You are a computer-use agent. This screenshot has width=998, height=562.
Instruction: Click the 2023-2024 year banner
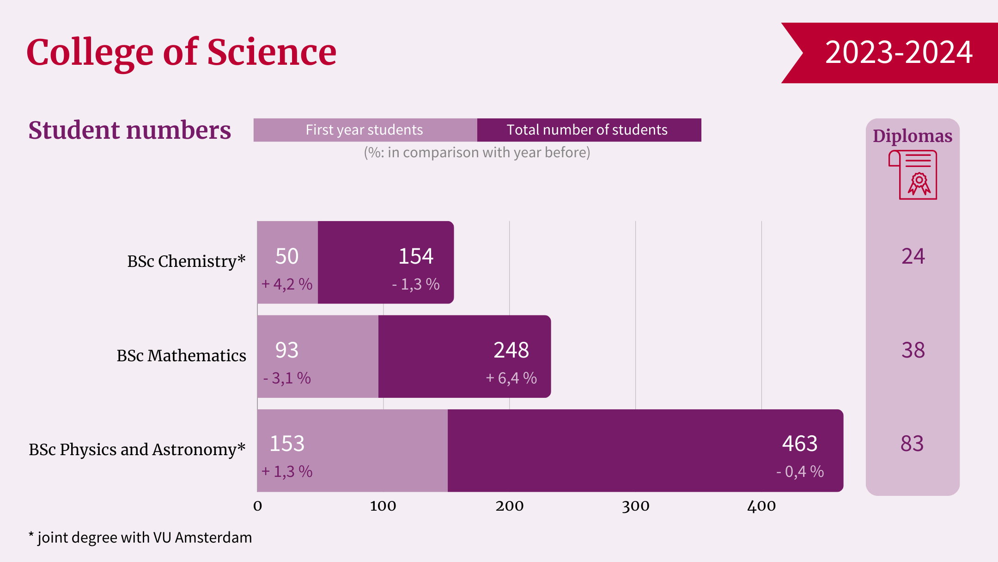tap(898, 52)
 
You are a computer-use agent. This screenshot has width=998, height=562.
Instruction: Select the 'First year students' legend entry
tap(365, 130)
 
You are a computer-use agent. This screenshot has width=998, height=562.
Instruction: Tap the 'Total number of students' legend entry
tap(587, 130)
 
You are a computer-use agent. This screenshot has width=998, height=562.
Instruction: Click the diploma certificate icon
tap(913, 175)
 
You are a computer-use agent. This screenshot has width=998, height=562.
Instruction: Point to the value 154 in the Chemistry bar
tap(416, 256)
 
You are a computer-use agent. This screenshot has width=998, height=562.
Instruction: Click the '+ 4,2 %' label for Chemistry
tap(287, 284)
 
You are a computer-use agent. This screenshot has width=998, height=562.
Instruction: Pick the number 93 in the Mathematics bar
tap(287, 350)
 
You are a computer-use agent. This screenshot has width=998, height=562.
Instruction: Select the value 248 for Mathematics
tap(511, 350)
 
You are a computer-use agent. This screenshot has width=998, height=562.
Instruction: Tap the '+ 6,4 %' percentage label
tap(511, 378)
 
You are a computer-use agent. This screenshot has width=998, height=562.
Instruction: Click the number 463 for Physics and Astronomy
tap(800, 444)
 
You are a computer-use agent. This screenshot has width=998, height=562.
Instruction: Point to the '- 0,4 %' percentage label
tap(800, 472)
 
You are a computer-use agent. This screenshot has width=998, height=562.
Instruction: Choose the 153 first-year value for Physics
tap(287, 444)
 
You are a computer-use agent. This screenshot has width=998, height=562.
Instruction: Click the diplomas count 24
tap(913, 256)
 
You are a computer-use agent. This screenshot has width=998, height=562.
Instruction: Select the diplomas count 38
tap(913, 350)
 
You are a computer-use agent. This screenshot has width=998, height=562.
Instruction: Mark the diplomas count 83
tap(912, 444)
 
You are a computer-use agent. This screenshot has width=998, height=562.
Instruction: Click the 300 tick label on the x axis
tap(635, 506)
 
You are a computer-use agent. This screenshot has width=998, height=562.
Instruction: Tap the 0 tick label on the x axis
tap(258, 506)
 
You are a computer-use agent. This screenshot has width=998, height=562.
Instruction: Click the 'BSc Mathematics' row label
tap(181, 356)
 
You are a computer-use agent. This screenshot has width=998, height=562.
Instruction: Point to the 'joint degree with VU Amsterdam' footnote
tap(144, 537)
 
